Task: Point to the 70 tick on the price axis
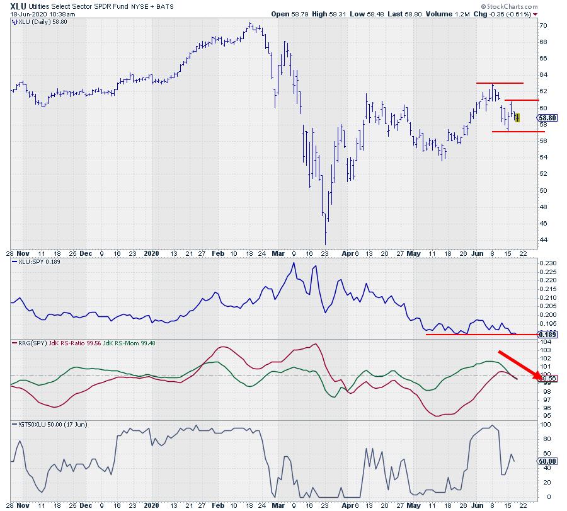(x=543, y=26)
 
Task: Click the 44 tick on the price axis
(x=543, y=240)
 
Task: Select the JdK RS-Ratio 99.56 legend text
(x=75, y=343)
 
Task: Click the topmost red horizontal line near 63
(x=500, y=83)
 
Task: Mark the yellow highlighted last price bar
(x=517, y=117)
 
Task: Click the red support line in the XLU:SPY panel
(x=479, y=334)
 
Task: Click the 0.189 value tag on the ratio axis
(x=547, y=333)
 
